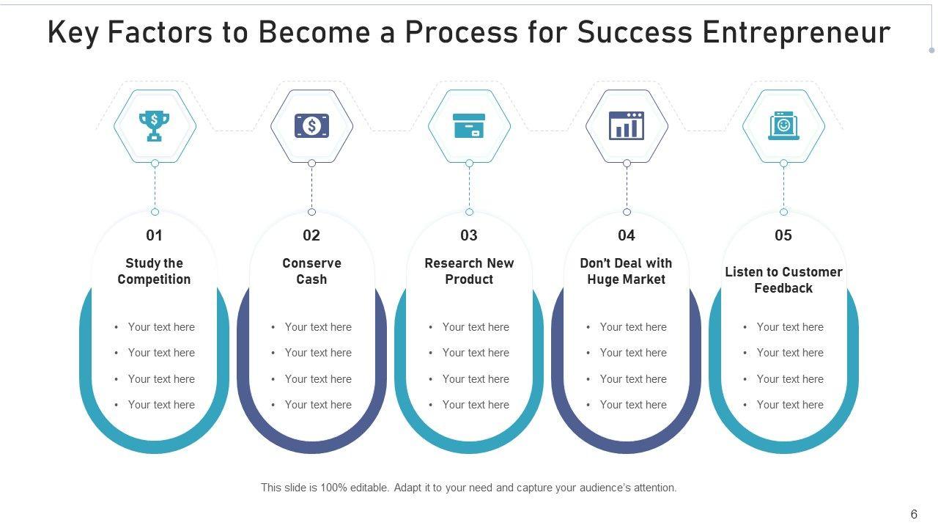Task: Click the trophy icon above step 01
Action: coord(155,125)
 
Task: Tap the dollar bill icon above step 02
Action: coord(311,126)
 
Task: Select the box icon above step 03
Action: coord(469,126)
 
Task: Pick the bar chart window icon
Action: coord(627,125)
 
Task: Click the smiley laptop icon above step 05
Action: coord(783,126)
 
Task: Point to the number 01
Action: coord(154,235)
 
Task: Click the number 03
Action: coord(469,235)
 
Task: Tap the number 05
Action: coord(783,235)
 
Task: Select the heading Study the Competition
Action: coord(154,271)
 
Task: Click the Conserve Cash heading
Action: coord(311,271)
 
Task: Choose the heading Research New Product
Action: coord(469,271)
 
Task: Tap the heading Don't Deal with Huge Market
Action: coord(626,271)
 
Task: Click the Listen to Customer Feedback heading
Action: coord(783,280)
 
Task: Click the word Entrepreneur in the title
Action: coord(797,33)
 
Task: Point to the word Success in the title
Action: coord(635,33)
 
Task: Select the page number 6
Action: coord(914,515)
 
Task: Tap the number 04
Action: coord(627,235)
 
